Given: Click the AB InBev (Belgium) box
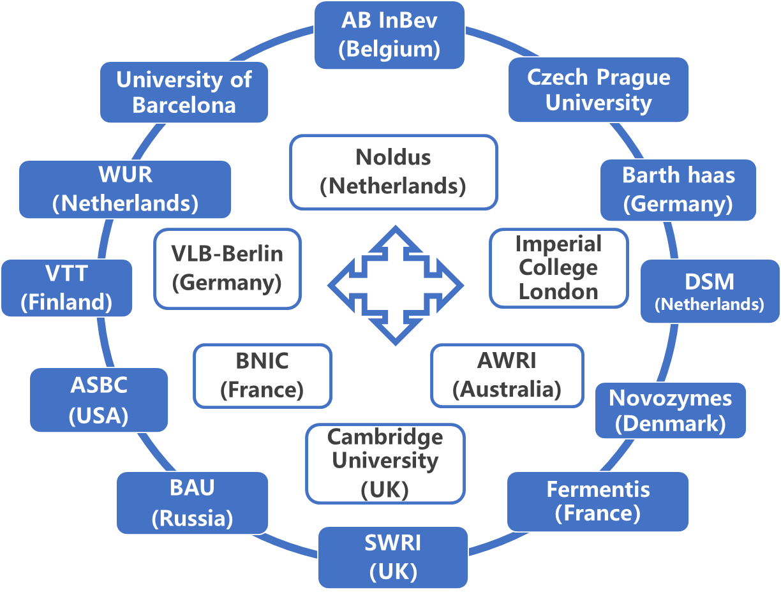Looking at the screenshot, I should click(389, 35).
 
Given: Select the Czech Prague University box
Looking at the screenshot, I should click(598, 89).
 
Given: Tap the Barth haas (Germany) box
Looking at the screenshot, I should click(678, 189).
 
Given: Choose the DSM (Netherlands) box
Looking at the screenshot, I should click(710, 291).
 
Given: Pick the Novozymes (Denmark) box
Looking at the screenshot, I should click(670, 410).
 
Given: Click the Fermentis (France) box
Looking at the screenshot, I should click(598, 501).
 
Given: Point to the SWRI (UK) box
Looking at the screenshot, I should click(392, 557).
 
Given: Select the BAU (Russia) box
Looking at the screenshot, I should click(192, 503).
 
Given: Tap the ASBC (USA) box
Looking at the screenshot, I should click(99, 400).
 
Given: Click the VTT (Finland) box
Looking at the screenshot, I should click(66, 288).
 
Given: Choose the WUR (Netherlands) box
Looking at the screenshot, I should click(125, 189).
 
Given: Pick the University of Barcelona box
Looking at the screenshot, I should click(184, 92).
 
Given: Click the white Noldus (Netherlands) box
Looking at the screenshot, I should click(393, 172).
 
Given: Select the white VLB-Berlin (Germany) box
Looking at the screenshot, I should click(227, 268).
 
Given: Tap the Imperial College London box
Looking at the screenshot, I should click(558, 268).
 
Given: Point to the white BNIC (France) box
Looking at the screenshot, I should click(262, 376).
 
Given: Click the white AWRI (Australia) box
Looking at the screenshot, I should click(507, 375).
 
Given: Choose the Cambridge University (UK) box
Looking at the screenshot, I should click(385, 463).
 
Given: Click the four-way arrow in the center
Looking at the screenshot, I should click(396, 285).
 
